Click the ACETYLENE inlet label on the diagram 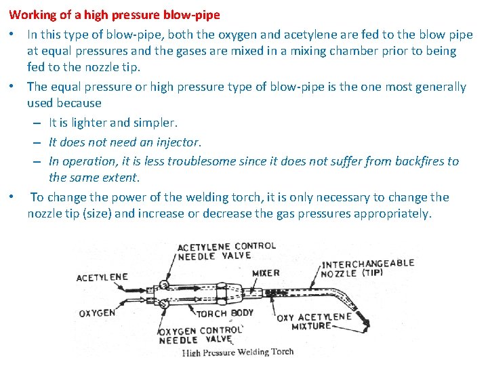(102, 277)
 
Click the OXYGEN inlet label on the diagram (96, 313)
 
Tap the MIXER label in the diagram (266, 273)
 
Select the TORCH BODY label (225, 313)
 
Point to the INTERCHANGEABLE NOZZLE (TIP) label (367, 268)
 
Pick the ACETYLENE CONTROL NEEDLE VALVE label (226, 251)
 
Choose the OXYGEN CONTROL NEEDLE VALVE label (200, 335)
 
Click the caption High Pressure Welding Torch (238, 352)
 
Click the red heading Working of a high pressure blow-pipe (115, 14)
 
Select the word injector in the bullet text (178, 142)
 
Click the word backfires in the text (409, 161)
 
